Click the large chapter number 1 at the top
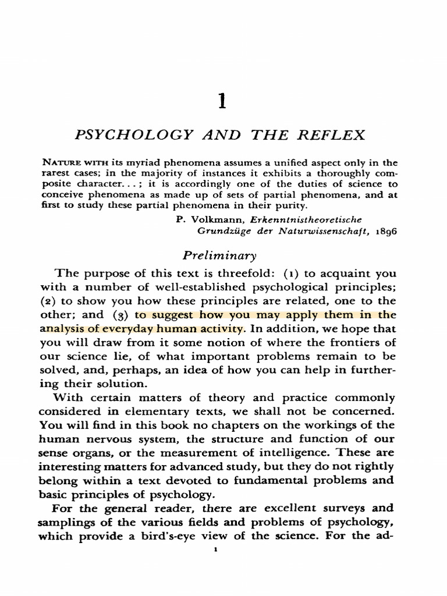point(221,102)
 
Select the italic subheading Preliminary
point(219,255)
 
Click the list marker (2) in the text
point(49,301)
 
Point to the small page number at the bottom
point(216,549)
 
